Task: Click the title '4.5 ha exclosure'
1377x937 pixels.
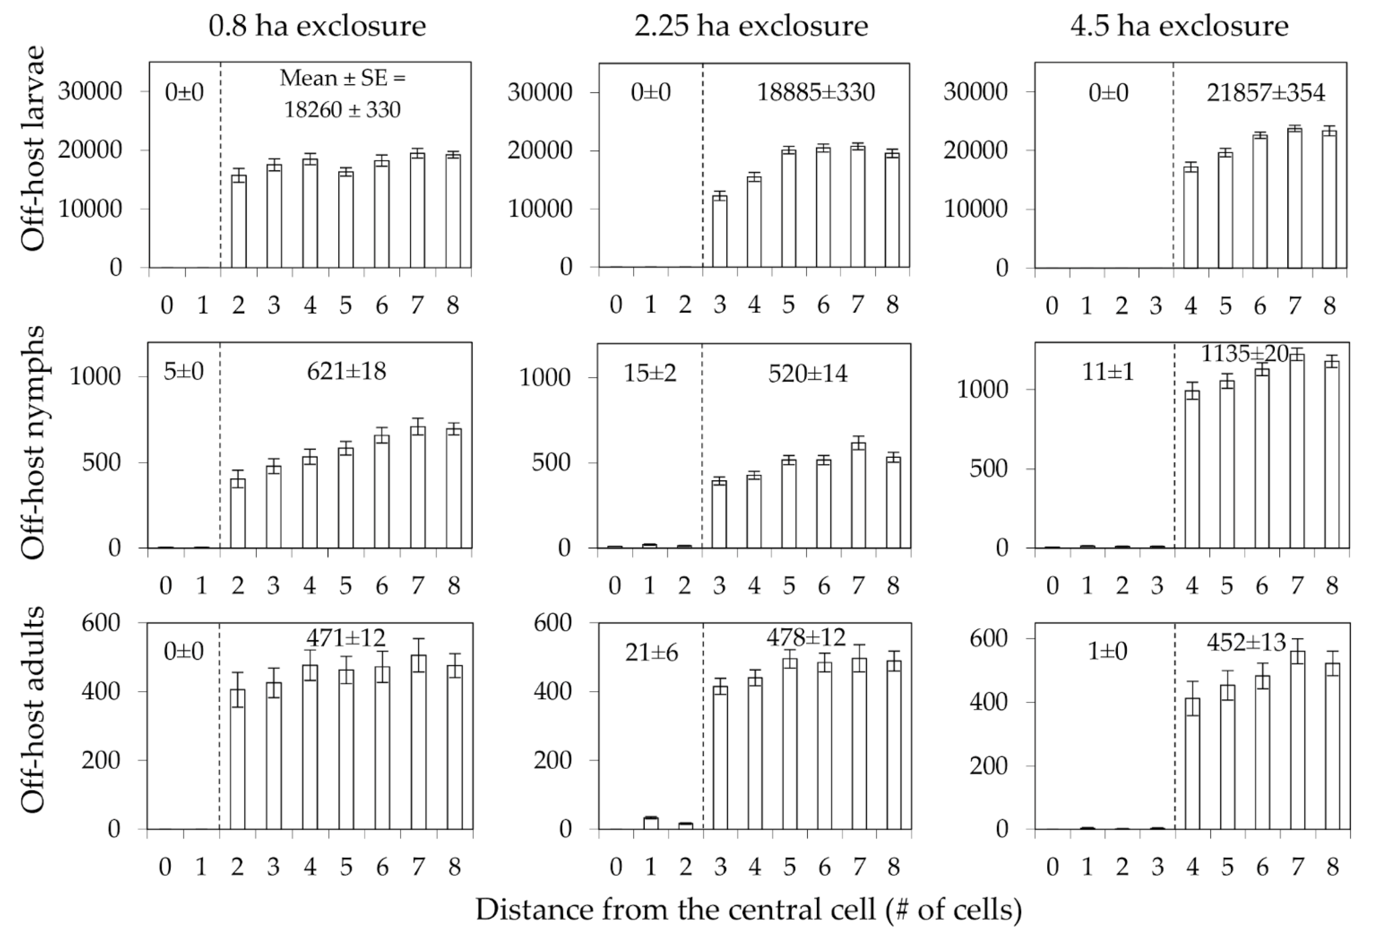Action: click(x=1179, y=26)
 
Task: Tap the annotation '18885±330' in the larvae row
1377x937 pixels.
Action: click(x=816, y=93)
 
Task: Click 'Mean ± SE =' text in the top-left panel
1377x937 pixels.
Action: click(x=342, y=77)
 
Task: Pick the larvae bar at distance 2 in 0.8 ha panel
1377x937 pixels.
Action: click(x=238, y=220)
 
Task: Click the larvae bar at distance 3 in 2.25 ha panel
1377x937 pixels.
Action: click(x=719, y=231)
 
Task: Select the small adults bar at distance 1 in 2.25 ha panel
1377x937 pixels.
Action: click(x=651, y=823)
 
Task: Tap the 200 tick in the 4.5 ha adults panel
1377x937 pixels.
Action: click(x=988, y=766)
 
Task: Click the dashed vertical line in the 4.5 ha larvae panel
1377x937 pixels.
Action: click(x=1173, y=178)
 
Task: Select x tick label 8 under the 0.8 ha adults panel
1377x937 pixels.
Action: click(x=454, y=867)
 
